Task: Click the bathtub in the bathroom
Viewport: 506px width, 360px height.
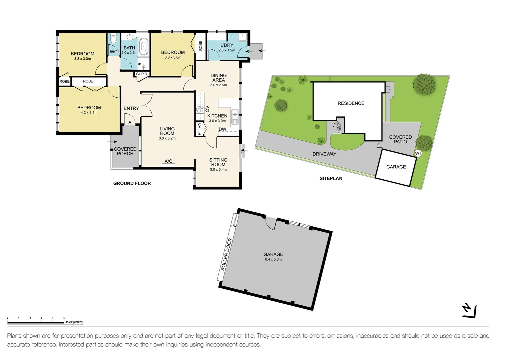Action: tap(143, 47)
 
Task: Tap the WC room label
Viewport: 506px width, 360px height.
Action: tap(113, 52)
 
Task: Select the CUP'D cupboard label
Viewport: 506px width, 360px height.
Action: tap(141, 74)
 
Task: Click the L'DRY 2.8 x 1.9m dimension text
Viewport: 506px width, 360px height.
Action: tap(227, 50)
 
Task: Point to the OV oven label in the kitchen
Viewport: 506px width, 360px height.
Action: tap(207, 109)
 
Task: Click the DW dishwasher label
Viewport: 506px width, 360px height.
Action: tap(222, 129)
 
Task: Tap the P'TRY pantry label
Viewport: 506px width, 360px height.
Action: tap(199, 129)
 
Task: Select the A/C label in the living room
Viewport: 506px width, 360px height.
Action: tap(168, 161)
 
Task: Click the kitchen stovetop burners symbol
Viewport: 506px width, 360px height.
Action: tap(200, 109)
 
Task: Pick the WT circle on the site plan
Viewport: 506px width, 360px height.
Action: tap(418, 153)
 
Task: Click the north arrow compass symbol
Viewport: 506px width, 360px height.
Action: tap(469, 311)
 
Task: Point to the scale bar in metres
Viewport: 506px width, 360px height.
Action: tap(36, 322)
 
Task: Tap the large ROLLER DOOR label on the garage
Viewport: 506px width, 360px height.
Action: tap(226, 255)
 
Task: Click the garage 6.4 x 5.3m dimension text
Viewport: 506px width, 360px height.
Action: tap(273, 259)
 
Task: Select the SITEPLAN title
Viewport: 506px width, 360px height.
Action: tap(331, 178)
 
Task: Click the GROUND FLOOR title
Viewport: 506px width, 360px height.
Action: tap(132, 183)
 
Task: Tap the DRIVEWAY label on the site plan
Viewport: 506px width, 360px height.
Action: tap(324, 154)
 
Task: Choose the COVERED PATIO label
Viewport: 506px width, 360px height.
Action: tap(400, 139)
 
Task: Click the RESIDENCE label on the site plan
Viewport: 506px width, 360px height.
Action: tap(351, 103)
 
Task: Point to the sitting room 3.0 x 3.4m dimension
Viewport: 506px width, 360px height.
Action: tap(218, 170)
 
